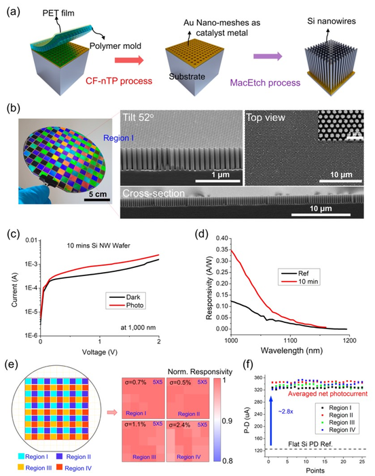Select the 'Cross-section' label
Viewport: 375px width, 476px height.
coord(151,193)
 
